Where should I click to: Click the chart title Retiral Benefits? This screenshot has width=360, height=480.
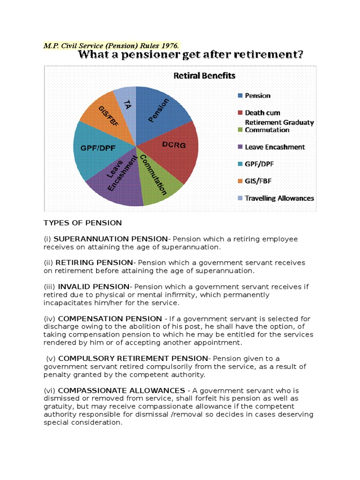(204, 75)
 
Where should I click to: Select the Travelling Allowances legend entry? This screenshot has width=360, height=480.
(279, 198)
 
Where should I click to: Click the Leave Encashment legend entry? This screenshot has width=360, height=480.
(275, 147)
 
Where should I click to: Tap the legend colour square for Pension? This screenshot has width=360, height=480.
(240, 96)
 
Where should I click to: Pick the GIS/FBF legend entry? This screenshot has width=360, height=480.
(258, 181)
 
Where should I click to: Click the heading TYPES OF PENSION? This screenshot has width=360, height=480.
(82, 223)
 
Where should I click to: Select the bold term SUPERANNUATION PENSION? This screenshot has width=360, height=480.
(111, 239)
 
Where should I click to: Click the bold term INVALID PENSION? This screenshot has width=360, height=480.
(93, 286)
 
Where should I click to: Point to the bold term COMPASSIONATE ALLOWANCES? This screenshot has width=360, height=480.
(121, 390)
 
